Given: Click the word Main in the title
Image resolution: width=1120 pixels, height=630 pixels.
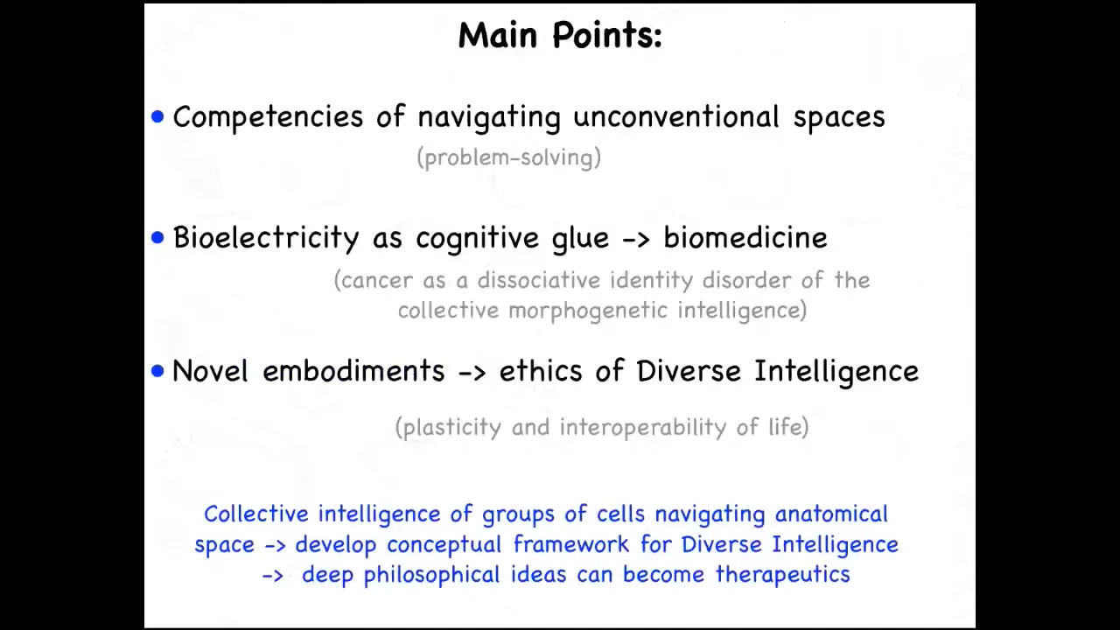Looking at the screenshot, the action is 498,35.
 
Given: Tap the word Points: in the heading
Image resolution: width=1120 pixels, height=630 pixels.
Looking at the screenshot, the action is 607,35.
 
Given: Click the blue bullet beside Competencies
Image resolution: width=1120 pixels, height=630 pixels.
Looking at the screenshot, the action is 157,116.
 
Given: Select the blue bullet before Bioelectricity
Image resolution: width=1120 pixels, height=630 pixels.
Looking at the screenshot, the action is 157,237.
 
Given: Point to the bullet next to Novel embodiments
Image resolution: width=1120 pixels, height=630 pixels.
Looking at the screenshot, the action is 157,371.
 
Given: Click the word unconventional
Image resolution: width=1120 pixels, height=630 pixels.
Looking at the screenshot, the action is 676,116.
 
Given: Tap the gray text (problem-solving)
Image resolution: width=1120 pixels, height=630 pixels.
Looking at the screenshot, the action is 509,158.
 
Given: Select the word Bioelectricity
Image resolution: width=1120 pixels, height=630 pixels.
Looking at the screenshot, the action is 266,237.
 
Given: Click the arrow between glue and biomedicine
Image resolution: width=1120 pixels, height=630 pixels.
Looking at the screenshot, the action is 636,240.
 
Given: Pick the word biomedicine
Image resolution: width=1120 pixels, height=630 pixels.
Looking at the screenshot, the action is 745,237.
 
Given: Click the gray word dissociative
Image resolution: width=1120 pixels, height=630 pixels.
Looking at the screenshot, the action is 538,280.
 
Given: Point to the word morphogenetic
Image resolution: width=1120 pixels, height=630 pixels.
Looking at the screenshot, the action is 588,311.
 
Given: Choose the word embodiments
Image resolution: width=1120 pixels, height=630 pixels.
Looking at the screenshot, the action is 353,371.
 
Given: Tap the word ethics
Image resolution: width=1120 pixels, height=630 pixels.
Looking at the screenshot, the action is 541,371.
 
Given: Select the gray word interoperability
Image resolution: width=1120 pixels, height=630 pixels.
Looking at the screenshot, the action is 642,428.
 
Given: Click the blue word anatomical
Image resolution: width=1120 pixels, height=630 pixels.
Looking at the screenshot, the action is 831,514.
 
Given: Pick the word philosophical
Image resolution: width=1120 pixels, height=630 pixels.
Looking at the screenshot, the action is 431,575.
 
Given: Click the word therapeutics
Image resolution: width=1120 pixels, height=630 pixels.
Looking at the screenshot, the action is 782,575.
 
